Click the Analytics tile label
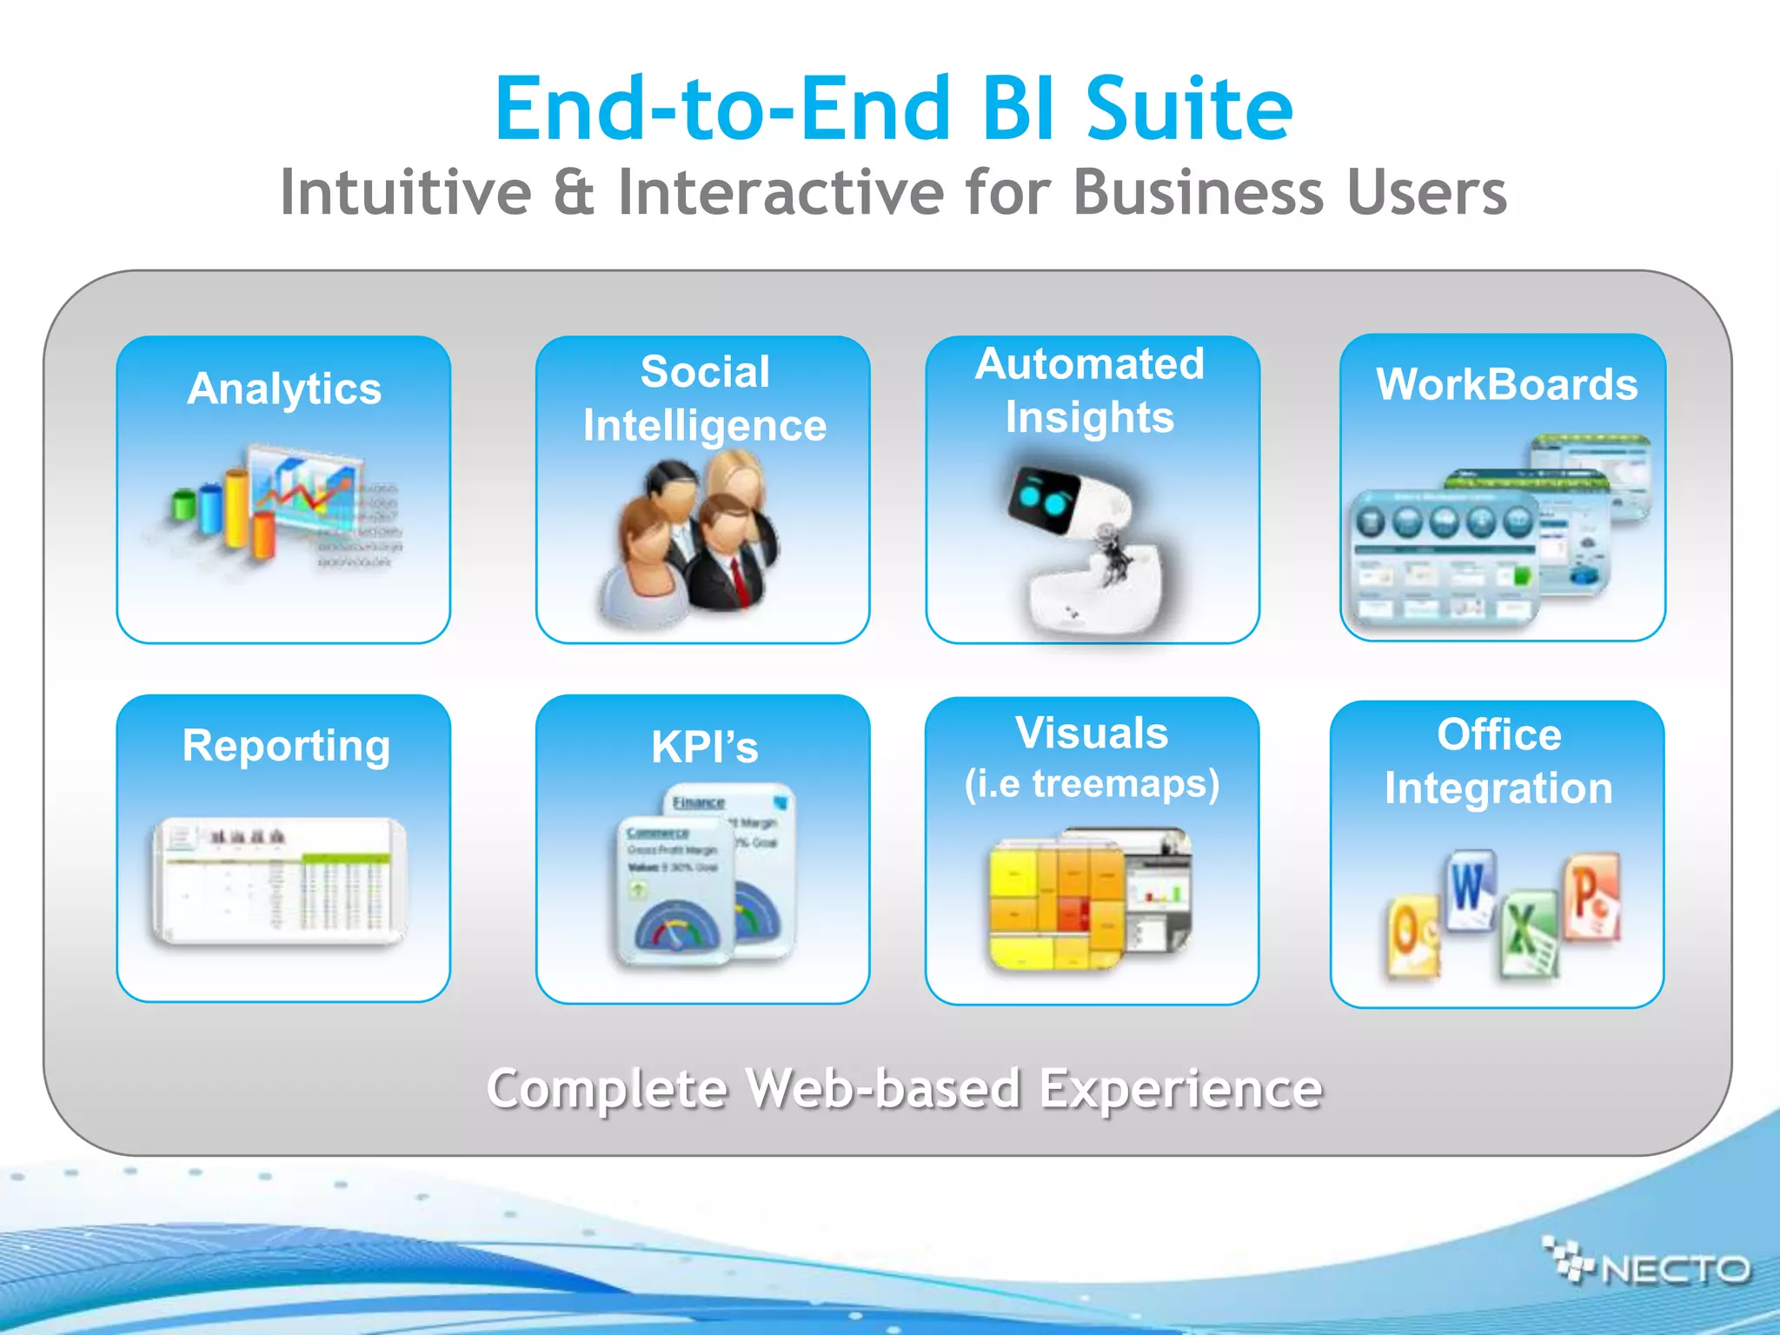click(284, 389)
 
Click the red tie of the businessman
click(740, 581)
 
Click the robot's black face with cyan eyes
click(1044, 499)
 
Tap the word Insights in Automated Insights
click(1089, 417)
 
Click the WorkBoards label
click(1506, 384)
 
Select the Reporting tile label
click(286, 746)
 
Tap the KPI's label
click(704, 747)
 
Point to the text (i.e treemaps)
click(1092, 784)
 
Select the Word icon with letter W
click(1470, 890)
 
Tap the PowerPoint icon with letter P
click(1591, 895)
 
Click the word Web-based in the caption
click(883, 1089)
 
